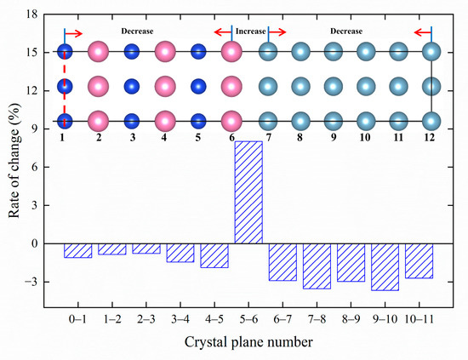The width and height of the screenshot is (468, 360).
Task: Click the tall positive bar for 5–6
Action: pos(248,192)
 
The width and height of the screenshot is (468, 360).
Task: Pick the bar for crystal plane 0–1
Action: pos(77,250)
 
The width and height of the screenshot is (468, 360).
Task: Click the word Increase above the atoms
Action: pos(250,31)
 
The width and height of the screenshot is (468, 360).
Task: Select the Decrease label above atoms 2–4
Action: pos(137,31)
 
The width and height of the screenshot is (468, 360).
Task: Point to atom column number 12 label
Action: pos(432,137)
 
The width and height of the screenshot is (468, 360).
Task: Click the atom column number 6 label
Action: pos(231,137)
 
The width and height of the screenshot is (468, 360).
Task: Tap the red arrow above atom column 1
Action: pos(74,33)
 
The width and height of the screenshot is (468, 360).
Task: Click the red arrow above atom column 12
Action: pos(422,33)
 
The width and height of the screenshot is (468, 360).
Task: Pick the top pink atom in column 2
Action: pos(99,52)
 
